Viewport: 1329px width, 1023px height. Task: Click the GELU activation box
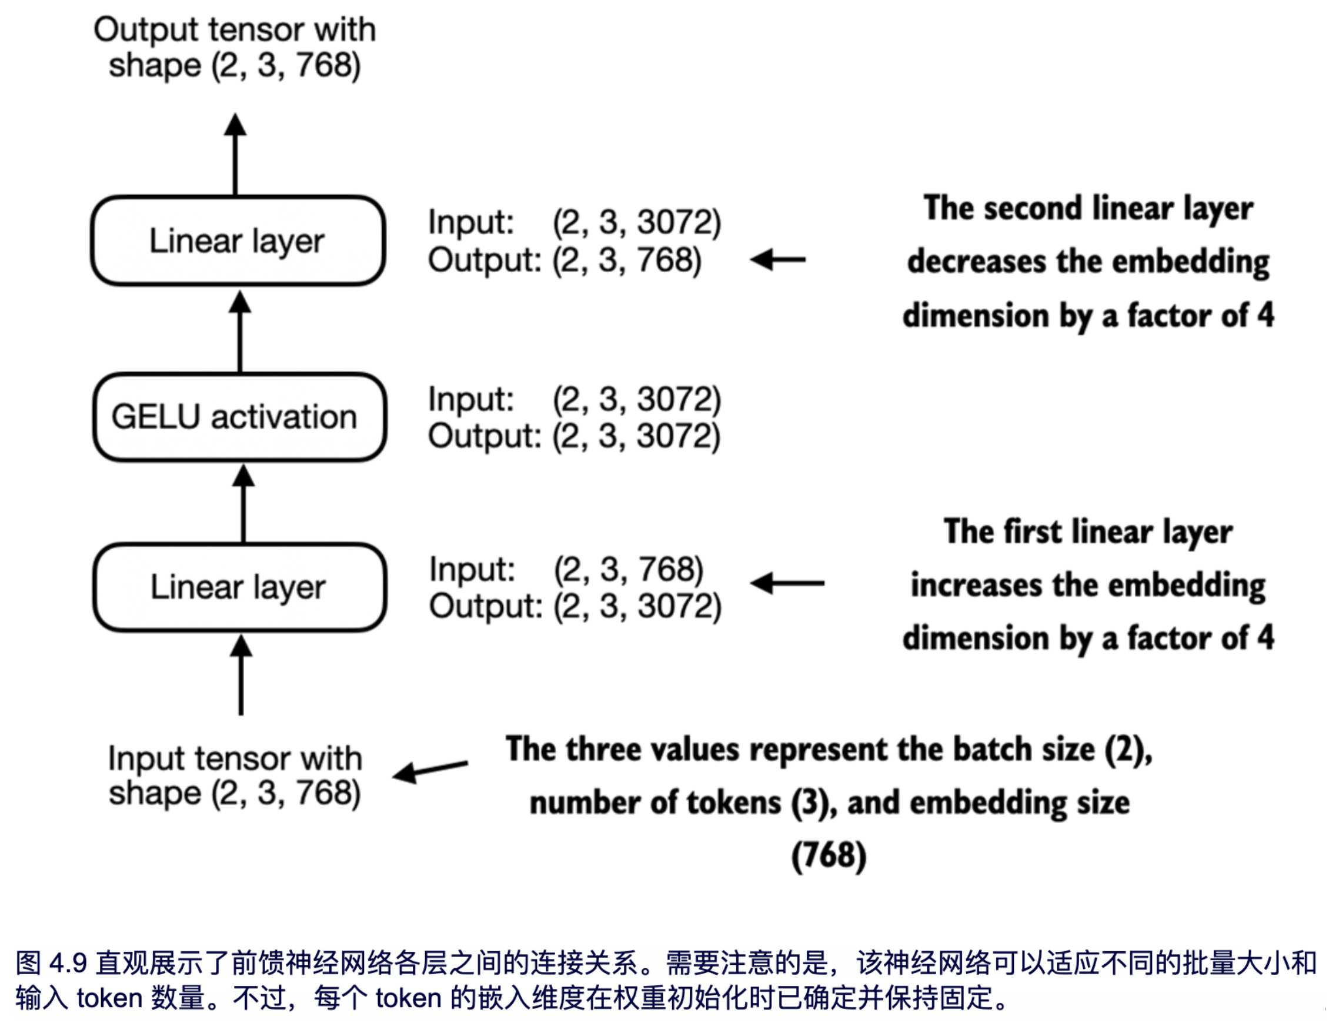click(239, 417)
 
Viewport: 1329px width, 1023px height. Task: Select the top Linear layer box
click(238, 240)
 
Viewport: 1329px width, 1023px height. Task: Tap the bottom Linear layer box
click(239, 587)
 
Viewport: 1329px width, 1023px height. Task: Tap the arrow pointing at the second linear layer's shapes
click(777, 259)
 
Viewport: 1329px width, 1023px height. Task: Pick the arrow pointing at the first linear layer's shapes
click(787, 583)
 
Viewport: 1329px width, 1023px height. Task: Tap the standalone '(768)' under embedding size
click(829, 855)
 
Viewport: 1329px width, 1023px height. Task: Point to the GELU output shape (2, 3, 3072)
click(636, 436)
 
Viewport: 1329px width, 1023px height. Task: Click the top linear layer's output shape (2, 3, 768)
click(627, 260)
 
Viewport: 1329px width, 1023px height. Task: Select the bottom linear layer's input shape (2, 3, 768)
click(628, 570)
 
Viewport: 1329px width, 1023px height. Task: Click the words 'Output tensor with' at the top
click(234, 29)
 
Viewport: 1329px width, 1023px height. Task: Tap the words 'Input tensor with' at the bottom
click(235, 758)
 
